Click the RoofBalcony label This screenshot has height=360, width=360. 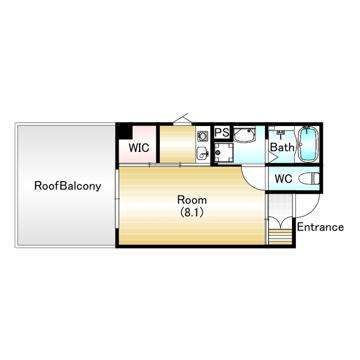point(67,186)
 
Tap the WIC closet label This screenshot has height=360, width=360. point(139,147)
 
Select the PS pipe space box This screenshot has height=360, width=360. point(222,132)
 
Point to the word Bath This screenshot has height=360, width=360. point(282,147)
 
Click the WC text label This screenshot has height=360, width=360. point(283,179)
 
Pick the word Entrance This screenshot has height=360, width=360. point(320,227)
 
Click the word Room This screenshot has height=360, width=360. point(192,200)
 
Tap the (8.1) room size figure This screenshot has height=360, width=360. point(192,213)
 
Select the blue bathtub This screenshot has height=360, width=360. point(308,144)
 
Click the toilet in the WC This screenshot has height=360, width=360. point(309,179)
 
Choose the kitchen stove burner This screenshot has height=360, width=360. point(202,136)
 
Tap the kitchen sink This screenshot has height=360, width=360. point(202,153)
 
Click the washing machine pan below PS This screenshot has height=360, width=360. point(224,152)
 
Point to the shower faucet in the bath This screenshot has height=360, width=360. point(281,133)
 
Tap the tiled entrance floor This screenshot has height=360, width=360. point(280,205)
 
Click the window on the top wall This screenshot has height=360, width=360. point(182,124)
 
